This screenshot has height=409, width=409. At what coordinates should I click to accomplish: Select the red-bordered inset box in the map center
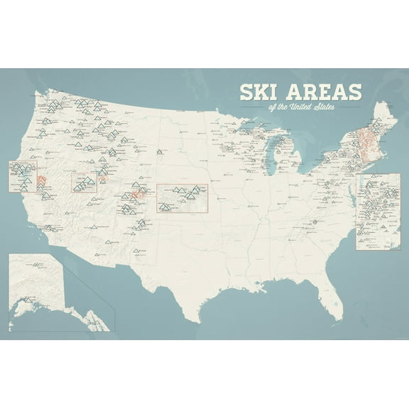181,198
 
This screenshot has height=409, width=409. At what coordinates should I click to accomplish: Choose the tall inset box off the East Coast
378,211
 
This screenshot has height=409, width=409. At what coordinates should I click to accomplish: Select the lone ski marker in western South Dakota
160,151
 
